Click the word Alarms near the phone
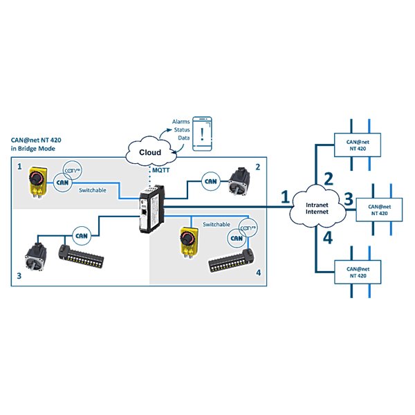click(x=181, y=121)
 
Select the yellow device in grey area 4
click(x=190, y=241)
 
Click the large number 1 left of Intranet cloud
click(x=286, y=198)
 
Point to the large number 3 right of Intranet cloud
click(x=349, y=200)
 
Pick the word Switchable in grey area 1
click(x=93, y=190)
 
